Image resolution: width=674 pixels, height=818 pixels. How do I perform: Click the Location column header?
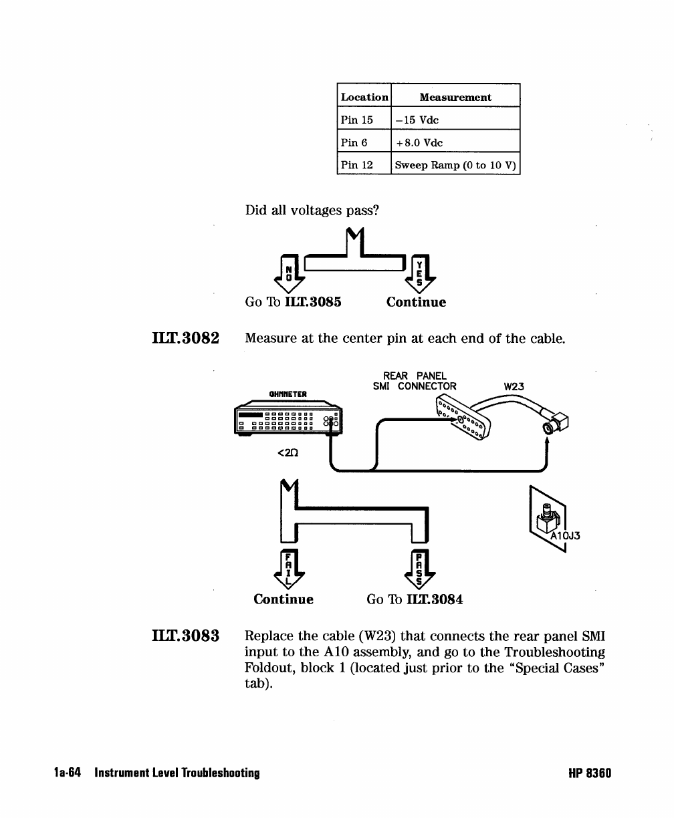coord(364,97)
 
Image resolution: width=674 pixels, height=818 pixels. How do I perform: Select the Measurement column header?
coord(455,97)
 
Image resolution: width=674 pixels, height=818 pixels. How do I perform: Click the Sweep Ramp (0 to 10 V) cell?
coord(455,165)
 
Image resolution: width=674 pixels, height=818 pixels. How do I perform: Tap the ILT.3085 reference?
coord(314,302)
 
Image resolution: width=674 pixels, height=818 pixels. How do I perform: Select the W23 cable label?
coord(514,386)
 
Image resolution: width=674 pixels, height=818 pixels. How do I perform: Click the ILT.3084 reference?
coord(435,599)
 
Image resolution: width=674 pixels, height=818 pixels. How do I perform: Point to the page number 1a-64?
coord(68,773)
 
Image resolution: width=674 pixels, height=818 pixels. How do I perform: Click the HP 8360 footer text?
coord(589,773)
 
